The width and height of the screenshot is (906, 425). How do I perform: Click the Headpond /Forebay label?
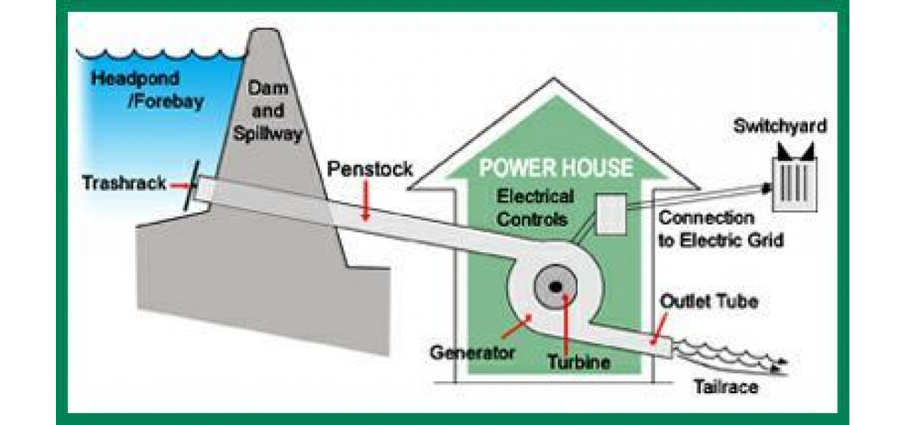point(147,89)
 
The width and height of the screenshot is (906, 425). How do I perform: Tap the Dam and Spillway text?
point(268,110)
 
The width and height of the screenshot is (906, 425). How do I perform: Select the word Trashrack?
point(124,183)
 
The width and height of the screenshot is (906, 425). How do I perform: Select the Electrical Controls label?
point(535,207)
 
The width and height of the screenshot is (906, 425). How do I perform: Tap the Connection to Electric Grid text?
point(721,229)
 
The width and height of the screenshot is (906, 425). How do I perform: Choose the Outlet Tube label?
point(709,301)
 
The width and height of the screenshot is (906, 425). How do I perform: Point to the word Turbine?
point(578,362)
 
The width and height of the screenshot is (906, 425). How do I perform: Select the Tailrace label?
point(725,387)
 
